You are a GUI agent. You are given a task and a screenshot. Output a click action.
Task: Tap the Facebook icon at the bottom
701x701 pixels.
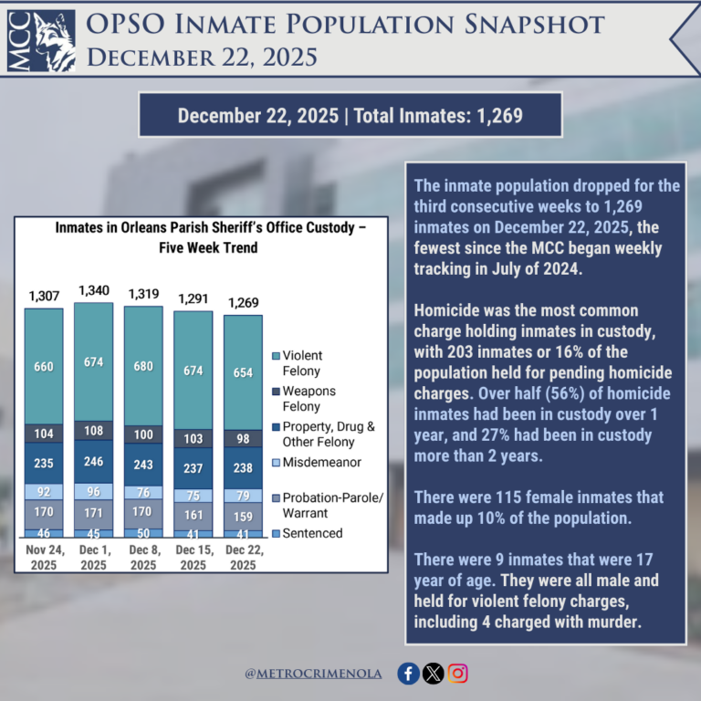(409, 674)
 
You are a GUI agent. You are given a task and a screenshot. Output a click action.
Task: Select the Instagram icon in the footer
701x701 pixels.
(458, 674)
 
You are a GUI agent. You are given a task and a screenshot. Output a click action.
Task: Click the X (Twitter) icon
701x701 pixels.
(434, 674)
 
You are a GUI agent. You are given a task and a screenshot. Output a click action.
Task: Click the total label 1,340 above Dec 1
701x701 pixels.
(94, 291)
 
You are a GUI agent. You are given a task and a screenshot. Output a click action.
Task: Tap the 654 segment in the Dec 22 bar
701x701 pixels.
(242, 372)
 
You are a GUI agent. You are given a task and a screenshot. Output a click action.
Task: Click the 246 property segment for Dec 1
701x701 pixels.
(94, 462)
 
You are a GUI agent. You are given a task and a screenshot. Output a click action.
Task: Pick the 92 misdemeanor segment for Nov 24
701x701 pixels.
(44, 491)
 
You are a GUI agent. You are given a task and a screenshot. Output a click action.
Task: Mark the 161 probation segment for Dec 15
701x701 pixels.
(193, 515)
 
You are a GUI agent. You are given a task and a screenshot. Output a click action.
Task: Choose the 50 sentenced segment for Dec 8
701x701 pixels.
(143, 532)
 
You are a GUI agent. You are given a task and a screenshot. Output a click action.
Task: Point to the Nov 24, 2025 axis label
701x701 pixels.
(44, 558)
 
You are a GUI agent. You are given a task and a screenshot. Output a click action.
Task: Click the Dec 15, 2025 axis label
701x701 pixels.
(193, 558)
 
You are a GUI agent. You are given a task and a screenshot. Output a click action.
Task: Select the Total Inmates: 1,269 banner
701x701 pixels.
(350, 116)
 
